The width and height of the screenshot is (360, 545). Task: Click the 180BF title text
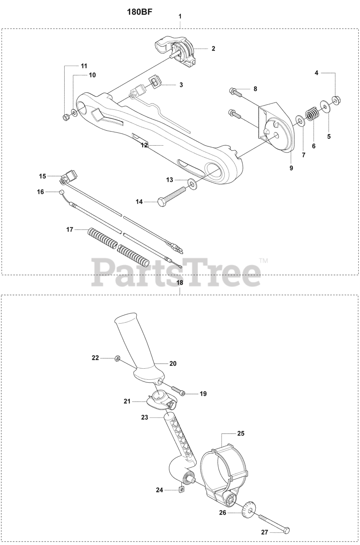(x=140, y=12)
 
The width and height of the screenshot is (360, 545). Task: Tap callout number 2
(x=213, y=49)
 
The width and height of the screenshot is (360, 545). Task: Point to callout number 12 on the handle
(x=144, y=145)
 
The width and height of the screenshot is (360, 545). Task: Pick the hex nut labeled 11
(x=66, y=117)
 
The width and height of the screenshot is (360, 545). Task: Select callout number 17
(x=70, y=229)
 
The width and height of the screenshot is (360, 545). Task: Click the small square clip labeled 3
(x=154, y=80)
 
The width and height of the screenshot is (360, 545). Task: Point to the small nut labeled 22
(x=117, y=359)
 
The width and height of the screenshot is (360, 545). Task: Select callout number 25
(x=241, y=433)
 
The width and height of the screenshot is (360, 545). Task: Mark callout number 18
(x=180, y=282)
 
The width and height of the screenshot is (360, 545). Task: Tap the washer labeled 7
(x=300, y=123)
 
